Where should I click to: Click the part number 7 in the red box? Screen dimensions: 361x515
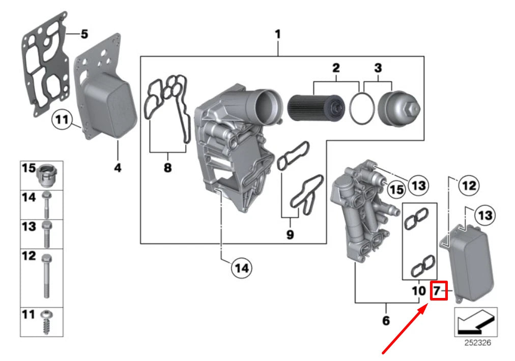pyautogui.click(x=438, y=291)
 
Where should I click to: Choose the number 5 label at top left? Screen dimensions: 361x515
pyautogui.click(x=84, y=35)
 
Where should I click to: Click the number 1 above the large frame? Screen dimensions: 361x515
pyautogui.click(x=278, y=35)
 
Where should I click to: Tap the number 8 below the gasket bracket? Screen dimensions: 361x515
pyautogui.click(x=167, y=168)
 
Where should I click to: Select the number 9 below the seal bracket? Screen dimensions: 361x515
pyautogui.click(x=290, y=234)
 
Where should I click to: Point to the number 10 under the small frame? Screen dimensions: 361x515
pyautogui.click(x=418, y=291)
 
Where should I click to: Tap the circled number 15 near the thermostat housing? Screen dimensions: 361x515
pyautogui.click(x=396, y=189)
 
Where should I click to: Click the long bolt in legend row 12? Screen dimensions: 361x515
pyautogui.click(x=46, y=275)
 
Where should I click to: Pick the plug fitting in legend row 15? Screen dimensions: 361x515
pyautogui.click(x=48, y=174)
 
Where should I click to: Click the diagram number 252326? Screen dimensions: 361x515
pyautogui.click(x=477, y=343)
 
